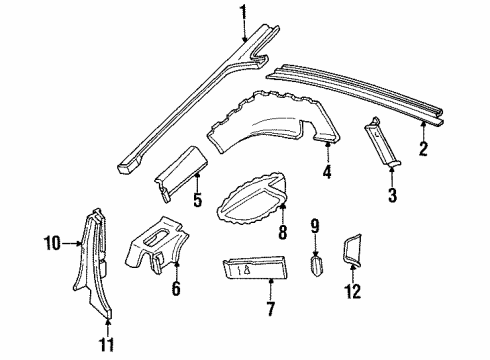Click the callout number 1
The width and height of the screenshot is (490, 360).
[x=241, y=12]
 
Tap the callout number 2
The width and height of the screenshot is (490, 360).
[x=424, y=150]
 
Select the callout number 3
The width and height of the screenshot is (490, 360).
[x=391, y=196]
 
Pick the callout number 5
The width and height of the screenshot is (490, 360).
[x=197, y=201]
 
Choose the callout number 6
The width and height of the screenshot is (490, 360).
[x=176, y=290]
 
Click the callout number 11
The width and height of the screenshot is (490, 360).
[x=105, y=344]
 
